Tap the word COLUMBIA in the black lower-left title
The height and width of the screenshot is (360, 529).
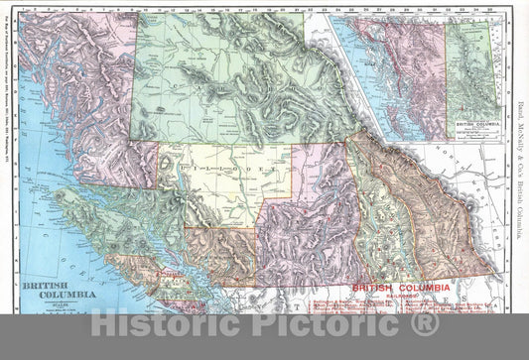point(61,295)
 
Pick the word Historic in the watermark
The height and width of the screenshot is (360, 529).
point(164,324)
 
